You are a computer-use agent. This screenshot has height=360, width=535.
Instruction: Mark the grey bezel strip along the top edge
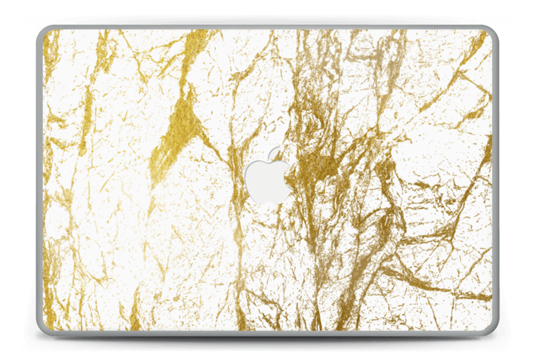coord(267,26)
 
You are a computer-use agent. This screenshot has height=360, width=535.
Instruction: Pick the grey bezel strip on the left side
coord(39,181)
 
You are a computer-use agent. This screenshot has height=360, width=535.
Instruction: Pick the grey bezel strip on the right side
coord(496,181)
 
